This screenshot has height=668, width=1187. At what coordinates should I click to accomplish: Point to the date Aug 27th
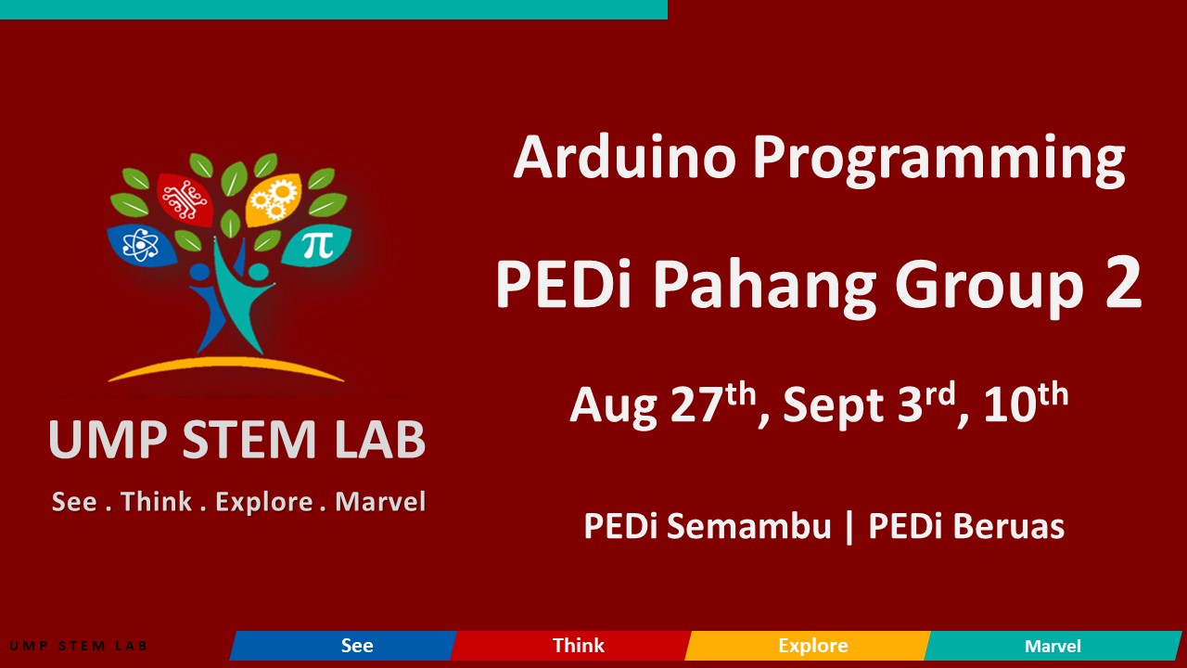pyautogui.click(x=662, y=405)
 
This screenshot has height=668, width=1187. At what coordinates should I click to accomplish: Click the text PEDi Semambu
pyautogui.click(x=707, y=527)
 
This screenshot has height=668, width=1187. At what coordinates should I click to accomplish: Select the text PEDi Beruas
pyautogui.click(x=965, y=527)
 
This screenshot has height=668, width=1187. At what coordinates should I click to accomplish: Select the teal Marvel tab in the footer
pyautogui.click(x=1053, y=646)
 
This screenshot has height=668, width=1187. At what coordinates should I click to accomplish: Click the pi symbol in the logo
pyautogui.click(x=317, y=245)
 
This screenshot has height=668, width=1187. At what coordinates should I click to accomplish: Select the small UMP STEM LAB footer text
pyautogui.click(x=78, y=646)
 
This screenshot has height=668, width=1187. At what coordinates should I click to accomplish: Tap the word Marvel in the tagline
pyautogui.click(x=380, y=502)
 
